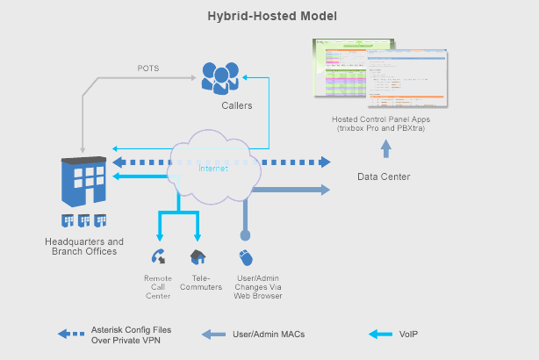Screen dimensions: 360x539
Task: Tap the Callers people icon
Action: (219, 76)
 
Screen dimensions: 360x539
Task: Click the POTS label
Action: (148, 68)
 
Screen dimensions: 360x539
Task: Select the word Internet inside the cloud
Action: (212, 168)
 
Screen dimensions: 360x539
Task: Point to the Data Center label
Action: (384, 176)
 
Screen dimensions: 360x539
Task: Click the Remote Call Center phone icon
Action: (159, 257)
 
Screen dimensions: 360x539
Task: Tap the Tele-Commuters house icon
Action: (198, 257)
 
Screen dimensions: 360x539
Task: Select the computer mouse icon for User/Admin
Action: (246, 257)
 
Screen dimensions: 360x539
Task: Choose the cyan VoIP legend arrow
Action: (382, 334)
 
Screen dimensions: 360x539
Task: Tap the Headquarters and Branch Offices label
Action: (84, 247)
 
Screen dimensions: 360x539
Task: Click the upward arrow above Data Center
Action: (384, 147)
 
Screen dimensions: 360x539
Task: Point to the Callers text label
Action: (236, 105)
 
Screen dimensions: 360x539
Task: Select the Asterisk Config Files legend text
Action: (132, 334)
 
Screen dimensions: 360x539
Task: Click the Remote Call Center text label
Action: (158, 287)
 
